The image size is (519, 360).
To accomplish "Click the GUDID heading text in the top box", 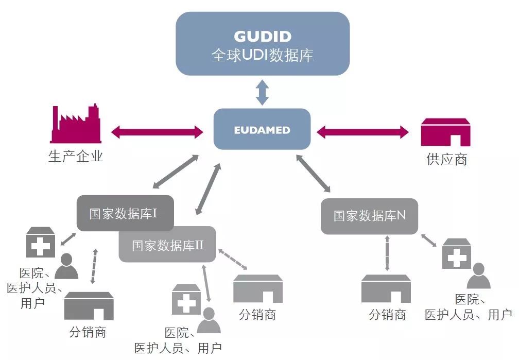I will coord(263,37).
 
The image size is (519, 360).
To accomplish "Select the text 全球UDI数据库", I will coord(263,56).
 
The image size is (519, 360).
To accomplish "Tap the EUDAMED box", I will coord(262,129).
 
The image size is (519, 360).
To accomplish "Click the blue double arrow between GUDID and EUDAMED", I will coord(263,93).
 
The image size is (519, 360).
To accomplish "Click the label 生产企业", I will coord(76,156).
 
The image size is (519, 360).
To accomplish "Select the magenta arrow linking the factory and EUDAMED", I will coord(158,131).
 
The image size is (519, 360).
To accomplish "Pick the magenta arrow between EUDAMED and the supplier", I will coord(362,132).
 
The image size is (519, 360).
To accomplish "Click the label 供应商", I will coord(447,159).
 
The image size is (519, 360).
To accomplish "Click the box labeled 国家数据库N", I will coord(369,216).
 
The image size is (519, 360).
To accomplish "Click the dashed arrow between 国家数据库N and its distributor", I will coord(387,252).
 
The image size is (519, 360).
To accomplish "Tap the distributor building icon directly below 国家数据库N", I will coord(386,289).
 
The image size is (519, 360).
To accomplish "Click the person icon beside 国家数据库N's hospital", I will coord(478,276).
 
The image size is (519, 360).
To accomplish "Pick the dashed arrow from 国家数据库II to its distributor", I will coord(233,260).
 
